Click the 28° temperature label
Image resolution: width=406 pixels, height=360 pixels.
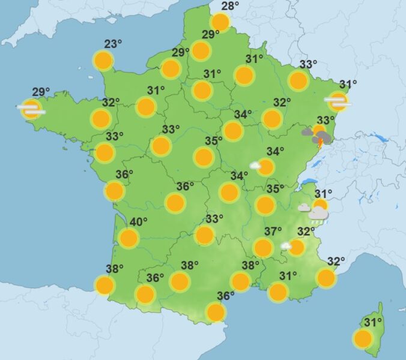click(x=229, y=7)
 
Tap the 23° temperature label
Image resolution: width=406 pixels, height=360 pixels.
click(x=113, y=44)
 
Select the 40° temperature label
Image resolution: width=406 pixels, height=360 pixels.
click(x=138, y=223)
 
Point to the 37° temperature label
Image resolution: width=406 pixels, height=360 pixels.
click(x=273, y=232)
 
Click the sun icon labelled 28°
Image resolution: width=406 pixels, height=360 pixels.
click(x=220, y=23)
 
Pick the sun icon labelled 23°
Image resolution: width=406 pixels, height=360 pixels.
click(x=103, y=60)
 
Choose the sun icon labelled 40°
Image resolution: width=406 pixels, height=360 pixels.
click(x=129, y=238)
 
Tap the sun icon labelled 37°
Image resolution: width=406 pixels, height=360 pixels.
click(x=263, y=247)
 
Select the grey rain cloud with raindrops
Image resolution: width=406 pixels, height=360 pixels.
click(x=318, y=214)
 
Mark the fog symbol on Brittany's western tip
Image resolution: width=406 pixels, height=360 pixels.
click(x=31, y=109)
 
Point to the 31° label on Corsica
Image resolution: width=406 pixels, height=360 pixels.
click(x=373, y=323)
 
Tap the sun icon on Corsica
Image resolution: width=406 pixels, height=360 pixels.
click(x=363, y=339)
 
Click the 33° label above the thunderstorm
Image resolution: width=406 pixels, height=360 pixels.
click(x=326, y=121)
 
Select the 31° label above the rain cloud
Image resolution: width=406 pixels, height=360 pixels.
click(x=323, y=194)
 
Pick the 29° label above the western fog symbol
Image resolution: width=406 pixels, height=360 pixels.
click(x=41, y=92)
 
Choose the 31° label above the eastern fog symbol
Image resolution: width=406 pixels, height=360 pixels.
click(x=348, y=85)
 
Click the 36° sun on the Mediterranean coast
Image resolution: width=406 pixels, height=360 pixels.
click(x=215, y=312)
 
